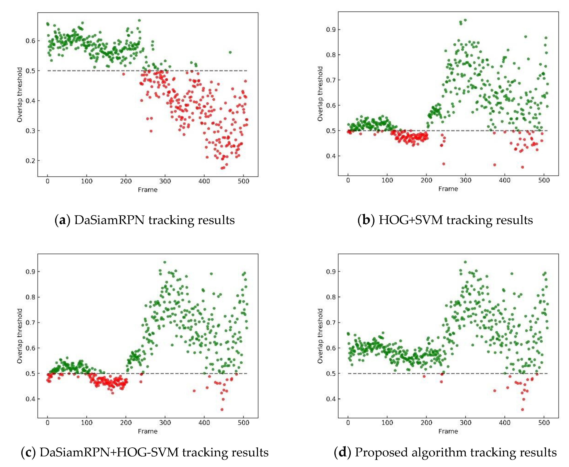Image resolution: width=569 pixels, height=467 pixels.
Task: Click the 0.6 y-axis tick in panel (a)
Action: pyautogui.click(x=30, y=41)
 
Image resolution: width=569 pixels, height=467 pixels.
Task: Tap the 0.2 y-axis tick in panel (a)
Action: pyautogui.click(x=30, y=161)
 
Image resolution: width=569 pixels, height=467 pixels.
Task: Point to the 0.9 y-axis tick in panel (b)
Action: pyautogui.click(x=331, y=29)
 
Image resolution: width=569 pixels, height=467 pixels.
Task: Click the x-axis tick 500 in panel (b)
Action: pyautogui.click(x=544, y=180)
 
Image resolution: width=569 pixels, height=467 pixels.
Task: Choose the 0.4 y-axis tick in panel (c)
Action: pyautogui.click(x=30, y=399)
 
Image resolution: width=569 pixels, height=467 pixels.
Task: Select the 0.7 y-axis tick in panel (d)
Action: pyautogui.click(x=331, y=322)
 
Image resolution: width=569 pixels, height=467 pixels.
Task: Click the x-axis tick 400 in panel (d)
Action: pyautogui.click(x=504, y=423)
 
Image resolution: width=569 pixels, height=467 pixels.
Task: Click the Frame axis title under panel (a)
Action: pyautogui.click(x=148, y=190)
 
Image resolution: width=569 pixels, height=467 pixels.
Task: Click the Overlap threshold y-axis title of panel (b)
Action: pyautogui.click(x=320, y=94)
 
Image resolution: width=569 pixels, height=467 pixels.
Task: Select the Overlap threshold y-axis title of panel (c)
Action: pyautogui.click(x=20, y=336)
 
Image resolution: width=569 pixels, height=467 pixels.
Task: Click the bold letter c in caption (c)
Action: pyautogui.click(x=28, y=452)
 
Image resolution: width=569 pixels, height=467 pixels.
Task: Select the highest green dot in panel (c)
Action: pyautogui.click(x=164, y=262)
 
